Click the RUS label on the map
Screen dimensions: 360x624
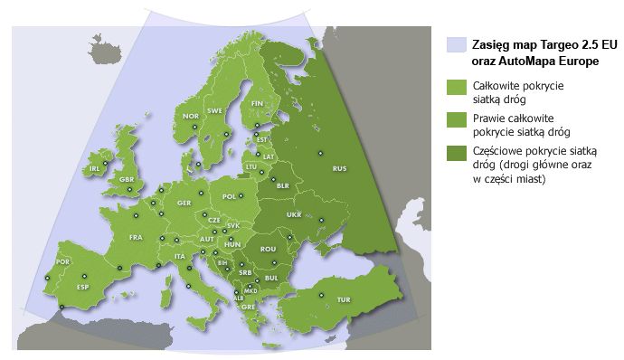pyautogui.click(x=340, y=169)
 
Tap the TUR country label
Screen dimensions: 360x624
pyautogui.click(x=344, y=299)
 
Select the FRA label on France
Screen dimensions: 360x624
pyautogui.click(x=136, y=238)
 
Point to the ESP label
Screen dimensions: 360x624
pyautogui.click(x=83, y=288)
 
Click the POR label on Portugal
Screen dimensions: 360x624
pyautogui.click(x=62, y=261)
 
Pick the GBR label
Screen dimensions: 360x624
pyautogui.click(x=127, y=180)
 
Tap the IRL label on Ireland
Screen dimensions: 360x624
pyautogui.click(x=93, y=168)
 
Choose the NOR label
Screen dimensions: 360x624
pyautogui.click(x=191, y=116)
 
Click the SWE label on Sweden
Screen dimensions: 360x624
pyautogui.click(x=215, y=110)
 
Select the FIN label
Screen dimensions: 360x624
pyautogui.click(x=257, y=104)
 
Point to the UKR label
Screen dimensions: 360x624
pyautogui.click(x=294, y=215)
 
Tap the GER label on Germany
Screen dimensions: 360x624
pyautogui.click(x=184, y=203)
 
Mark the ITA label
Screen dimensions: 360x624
pyautogui.click(x=180, y=256)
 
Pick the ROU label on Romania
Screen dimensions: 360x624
pyautogui.click(x=267, y=249)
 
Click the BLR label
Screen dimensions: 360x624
pyautogui.click(x=282, y=185)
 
